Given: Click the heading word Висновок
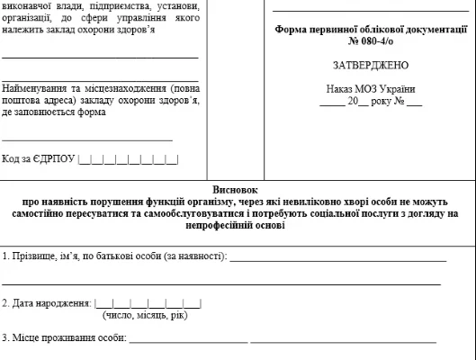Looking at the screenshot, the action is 238,191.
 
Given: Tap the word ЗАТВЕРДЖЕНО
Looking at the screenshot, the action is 370,65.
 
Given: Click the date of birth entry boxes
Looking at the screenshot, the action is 148,303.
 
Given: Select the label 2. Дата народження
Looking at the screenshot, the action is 46,303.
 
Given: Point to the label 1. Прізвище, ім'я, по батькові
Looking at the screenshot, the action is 113,256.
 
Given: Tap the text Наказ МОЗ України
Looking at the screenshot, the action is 370,89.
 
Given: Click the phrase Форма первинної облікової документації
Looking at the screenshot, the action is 370,30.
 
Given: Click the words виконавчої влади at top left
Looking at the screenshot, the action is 41,5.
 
